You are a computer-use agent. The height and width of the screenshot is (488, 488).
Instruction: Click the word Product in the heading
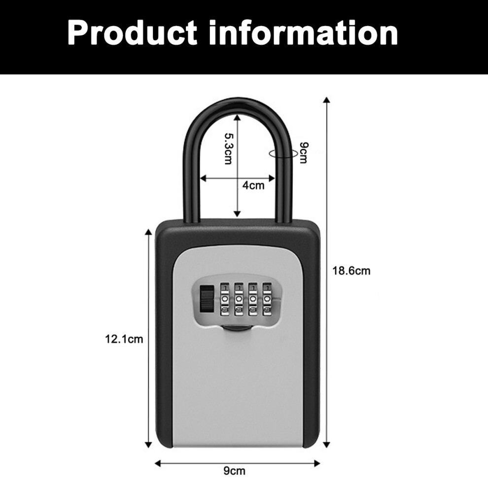(132, 33)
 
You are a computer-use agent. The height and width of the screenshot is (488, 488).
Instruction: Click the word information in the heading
(304, 33)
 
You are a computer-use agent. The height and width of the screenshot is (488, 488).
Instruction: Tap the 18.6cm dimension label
(351, 271)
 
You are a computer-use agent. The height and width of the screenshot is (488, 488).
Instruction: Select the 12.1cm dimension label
(124, 339)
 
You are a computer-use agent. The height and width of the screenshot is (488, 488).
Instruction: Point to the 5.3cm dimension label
(229, 149)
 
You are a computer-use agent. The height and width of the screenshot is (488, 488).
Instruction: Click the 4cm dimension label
(253, 185)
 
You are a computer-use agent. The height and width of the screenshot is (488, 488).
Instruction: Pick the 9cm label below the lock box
(234, 471)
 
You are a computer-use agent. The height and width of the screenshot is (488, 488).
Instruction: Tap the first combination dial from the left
(225, 299)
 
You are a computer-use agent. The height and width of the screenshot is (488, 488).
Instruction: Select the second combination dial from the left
(239, 299)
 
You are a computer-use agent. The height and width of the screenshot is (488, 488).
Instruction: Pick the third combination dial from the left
(253, 299)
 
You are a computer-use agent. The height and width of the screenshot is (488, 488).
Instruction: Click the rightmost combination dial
(267, 299)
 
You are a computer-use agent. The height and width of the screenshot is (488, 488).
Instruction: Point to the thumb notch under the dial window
(238, 328)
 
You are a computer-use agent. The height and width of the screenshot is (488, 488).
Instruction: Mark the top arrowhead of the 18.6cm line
(326, 100)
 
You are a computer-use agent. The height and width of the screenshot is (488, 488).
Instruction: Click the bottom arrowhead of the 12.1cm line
(149, 445)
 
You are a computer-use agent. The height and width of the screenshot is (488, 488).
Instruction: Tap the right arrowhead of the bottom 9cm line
(317, 463)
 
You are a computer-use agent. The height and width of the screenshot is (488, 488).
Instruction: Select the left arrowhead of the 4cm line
(203, 178)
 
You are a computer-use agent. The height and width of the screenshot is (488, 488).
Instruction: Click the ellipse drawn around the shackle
(269, 154)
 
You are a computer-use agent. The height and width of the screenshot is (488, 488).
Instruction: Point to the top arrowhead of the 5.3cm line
(237, 117)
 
